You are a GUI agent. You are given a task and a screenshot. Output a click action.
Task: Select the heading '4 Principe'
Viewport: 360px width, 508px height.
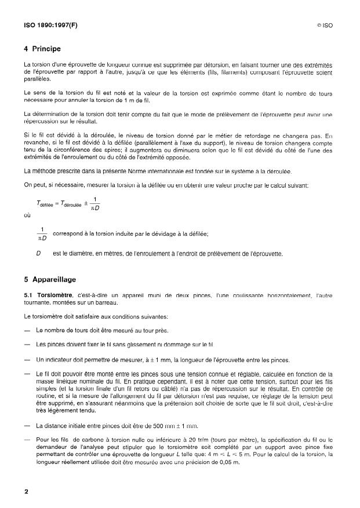(x=42, y=49)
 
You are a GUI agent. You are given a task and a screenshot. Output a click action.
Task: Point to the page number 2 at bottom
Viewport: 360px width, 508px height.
(x=26, y=492)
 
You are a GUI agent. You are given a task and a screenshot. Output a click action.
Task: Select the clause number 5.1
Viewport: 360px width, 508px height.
(x=28, y=296)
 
